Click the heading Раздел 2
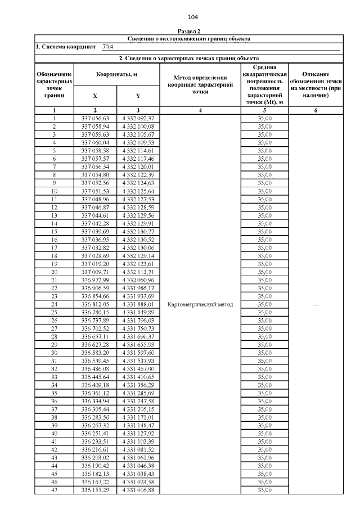tap(189, 32)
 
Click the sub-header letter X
tap(95, 96)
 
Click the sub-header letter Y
tap(138, 96)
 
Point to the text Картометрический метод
tap(200, 304)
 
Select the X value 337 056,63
tap(95, 119)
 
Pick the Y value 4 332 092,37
tap(138, 119)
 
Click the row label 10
tap(54, 191)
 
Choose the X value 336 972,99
tap(95, 280)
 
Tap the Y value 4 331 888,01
tap(138, 304)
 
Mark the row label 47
tap(54, 490)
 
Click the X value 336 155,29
tap(95, 490)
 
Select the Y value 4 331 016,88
tap(138, 490)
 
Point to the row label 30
tap(54, 353)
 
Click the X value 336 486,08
tap(95, 369)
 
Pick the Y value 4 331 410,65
tap(138, 377)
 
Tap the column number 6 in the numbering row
tap(316, 111)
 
